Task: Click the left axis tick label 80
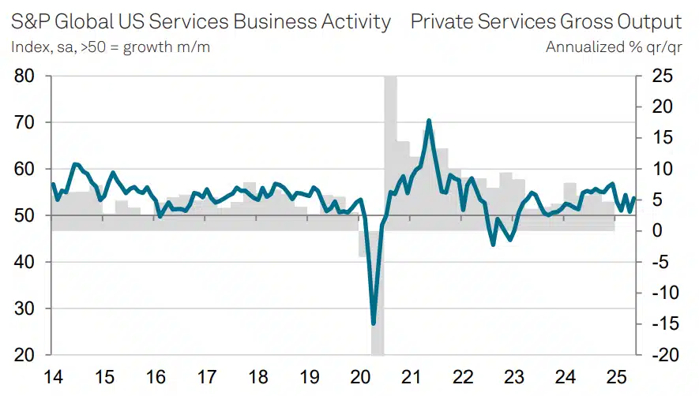(x=25, y=77)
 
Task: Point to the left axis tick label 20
(x=25, y=355)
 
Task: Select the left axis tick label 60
(x=25, y=169)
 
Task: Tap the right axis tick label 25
(x=660, y=77)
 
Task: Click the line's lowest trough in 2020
(x=374, y=323)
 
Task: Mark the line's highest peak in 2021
(x=428, y=121)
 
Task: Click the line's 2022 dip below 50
(x=494, y=245)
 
